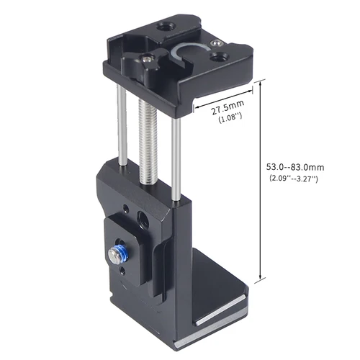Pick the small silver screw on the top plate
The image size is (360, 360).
coord(148,60)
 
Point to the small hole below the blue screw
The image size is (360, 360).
coord(122,271)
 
